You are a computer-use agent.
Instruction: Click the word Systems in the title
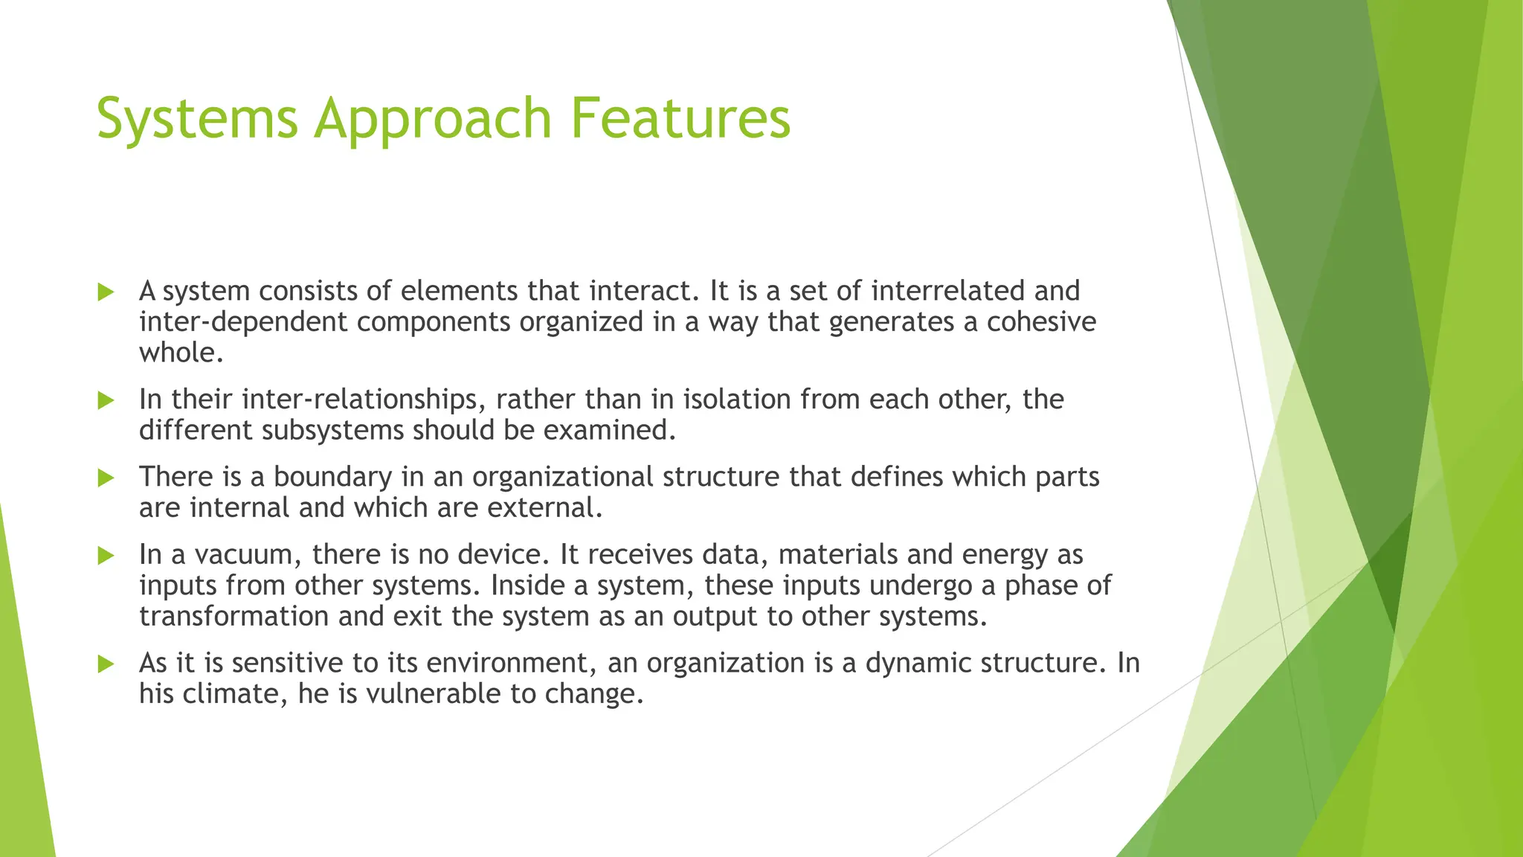[197, 119]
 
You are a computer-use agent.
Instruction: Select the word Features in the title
[680, 119]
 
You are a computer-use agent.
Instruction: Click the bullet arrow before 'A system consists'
[106, 292]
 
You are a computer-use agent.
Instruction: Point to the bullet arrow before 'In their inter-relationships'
[106, 401]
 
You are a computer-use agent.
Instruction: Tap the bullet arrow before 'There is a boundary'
[106, 478]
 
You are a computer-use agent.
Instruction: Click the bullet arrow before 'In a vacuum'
[106, 556]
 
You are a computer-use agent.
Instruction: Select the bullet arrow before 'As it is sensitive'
[106, 664]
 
